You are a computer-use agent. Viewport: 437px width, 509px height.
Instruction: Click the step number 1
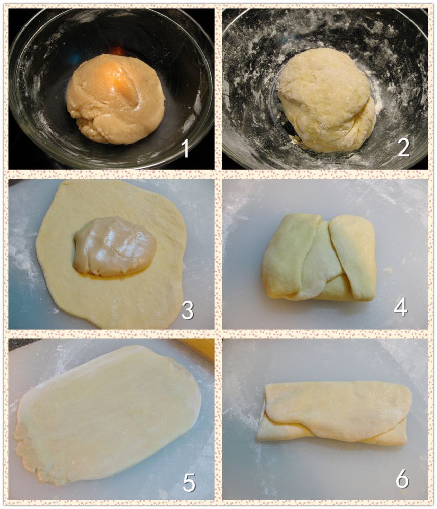point(186,148)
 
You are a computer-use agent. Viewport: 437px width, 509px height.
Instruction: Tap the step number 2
point(403,148)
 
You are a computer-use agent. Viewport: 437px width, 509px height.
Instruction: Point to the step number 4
point(400,307)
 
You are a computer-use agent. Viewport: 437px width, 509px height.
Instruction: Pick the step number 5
point(189,483)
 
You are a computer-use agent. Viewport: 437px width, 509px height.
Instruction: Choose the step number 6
point(402,478)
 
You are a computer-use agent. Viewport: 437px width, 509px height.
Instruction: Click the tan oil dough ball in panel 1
point(115,99)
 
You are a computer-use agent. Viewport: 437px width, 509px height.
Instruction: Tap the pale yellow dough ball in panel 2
point(326,100)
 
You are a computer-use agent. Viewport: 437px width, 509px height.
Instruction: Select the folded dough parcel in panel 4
point(319,258)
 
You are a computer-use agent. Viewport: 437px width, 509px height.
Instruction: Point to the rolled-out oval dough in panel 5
point(107,415)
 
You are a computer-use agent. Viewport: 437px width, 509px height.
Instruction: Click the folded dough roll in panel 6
point(335,413)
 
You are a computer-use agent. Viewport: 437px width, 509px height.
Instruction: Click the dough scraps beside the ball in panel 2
point(294,139)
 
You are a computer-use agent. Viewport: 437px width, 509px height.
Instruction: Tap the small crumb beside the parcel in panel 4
point(388,269)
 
